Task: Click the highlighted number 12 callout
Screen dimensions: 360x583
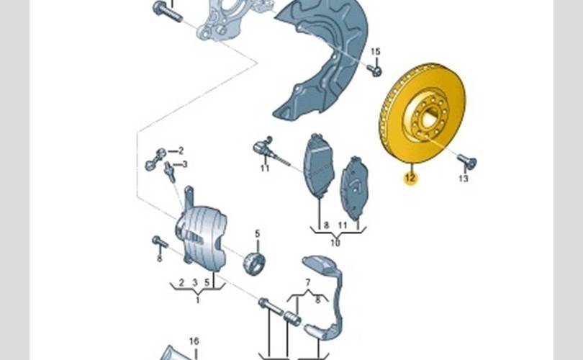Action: pos(410,178)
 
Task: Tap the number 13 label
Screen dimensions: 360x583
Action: pos(463,178)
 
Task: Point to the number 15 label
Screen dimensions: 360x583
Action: pos(374,52)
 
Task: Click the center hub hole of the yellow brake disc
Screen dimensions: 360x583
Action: pos(425,117)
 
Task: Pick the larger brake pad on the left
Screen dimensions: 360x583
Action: pos(317,166)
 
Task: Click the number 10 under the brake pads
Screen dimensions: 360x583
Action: pos(335,243)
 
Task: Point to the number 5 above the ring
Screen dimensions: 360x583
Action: pos(257,233)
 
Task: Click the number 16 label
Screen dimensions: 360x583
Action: pos(194,341)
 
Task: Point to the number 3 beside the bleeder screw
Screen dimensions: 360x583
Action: pos(184,164)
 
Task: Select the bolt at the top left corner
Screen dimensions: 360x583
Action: pos(165,12)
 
